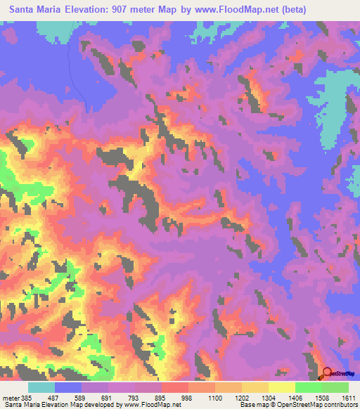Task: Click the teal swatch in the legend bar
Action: pyautogui.click(x=41, y=387)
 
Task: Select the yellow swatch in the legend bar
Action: pyautogui.click(x=281, y=387)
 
